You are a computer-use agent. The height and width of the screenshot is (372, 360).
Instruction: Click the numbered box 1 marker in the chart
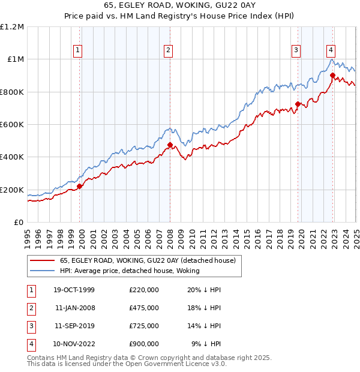coord(79,51)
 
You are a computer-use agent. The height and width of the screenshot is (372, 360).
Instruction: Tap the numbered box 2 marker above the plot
coord(169,51)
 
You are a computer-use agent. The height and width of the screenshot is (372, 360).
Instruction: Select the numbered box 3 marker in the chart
coord(296,51)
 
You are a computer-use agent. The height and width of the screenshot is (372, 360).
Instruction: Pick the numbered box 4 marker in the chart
coord(331,51)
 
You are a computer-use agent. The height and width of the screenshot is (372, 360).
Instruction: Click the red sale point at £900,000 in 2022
coord(332,75)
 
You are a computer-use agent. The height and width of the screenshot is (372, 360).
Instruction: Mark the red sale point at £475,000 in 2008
coord(170,145)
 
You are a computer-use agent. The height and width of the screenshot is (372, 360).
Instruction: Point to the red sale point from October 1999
coord(80,186)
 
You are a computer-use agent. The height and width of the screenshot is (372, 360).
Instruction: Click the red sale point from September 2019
coord(298,104)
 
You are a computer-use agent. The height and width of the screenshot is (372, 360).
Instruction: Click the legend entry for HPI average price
coord(130,271)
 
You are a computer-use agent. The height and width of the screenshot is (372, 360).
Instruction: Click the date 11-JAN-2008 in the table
coord(74,307)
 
